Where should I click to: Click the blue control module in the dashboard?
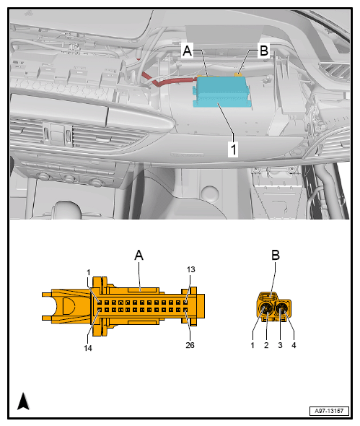(x=221, y=92)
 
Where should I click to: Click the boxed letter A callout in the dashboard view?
(x=188, y=51)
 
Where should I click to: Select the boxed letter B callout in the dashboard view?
(x=263, y=51)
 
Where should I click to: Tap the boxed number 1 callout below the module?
(x=233, y=149)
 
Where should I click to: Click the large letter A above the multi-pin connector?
(x=139, y=256)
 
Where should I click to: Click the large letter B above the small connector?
(x=276, y=256)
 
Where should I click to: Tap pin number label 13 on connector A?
(x=190, y=269)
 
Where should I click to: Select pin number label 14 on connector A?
(x=88, y=348)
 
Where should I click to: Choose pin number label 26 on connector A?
(x=190, y=345)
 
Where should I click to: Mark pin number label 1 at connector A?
(x=88, y=272)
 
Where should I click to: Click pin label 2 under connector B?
(x=266, y=345)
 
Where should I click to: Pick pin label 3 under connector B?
(x=280, y=345)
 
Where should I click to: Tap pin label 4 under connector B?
(x=294, y=345)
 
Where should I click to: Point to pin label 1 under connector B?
(x=253, y=345)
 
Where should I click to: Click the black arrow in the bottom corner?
(x=23, y=401)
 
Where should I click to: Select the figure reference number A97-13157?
(x=329, y=411)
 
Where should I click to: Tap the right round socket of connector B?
(x=281, y=310)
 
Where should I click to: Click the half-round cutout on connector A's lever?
(x=69, y=305)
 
